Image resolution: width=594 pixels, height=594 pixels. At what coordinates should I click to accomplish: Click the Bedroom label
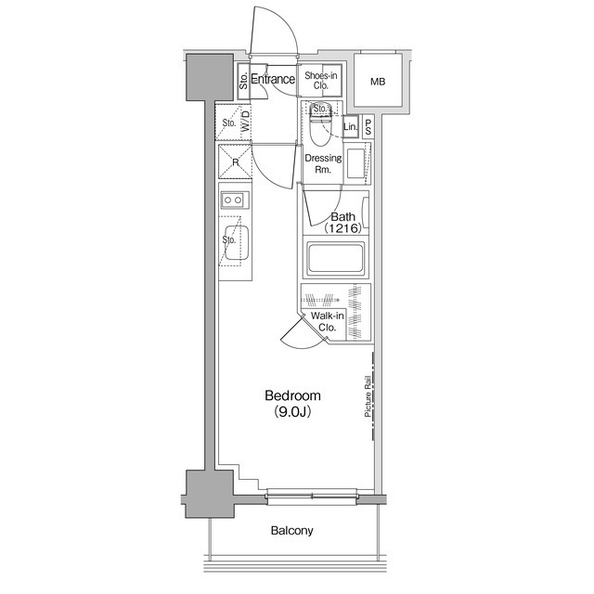point(292,395)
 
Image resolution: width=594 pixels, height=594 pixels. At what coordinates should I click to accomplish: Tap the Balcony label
point(292,530)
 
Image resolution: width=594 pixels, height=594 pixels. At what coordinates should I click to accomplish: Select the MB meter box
point(378,81)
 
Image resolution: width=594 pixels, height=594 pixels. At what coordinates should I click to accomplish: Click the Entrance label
point(273,79)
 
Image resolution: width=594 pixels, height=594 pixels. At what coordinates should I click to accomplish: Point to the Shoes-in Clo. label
point(320,81)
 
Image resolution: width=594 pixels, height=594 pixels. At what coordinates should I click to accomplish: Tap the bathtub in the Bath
point(336,258)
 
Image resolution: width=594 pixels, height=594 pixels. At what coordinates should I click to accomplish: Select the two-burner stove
point(235,200)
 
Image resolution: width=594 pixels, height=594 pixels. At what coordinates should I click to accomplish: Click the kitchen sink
point(236,243)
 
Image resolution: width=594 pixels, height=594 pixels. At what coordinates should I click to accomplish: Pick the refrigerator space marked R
point(235,161)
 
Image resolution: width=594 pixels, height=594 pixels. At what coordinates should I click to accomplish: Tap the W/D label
point(246,121)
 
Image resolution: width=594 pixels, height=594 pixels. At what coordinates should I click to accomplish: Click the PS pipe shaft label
point(368,127)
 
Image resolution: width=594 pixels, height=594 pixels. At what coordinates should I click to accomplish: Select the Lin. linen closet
point(351,126)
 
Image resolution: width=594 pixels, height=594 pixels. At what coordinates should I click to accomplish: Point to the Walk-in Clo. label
point(328,321)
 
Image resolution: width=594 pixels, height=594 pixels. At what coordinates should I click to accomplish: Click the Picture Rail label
point(368,396)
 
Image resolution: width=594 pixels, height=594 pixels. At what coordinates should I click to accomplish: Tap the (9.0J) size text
point(292,412)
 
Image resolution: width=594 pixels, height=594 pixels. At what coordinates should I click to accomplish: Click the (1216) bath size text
point(342,228)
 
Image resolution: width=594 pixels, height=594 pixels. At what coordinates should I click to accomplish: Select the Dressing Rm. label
point(323,163)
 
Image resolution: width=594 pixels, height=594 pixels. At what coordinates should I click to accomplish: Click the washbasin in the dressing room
point(356,163)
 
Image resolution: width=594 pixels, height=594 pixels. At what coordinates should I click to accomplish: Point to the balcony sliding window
point(312,497)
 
